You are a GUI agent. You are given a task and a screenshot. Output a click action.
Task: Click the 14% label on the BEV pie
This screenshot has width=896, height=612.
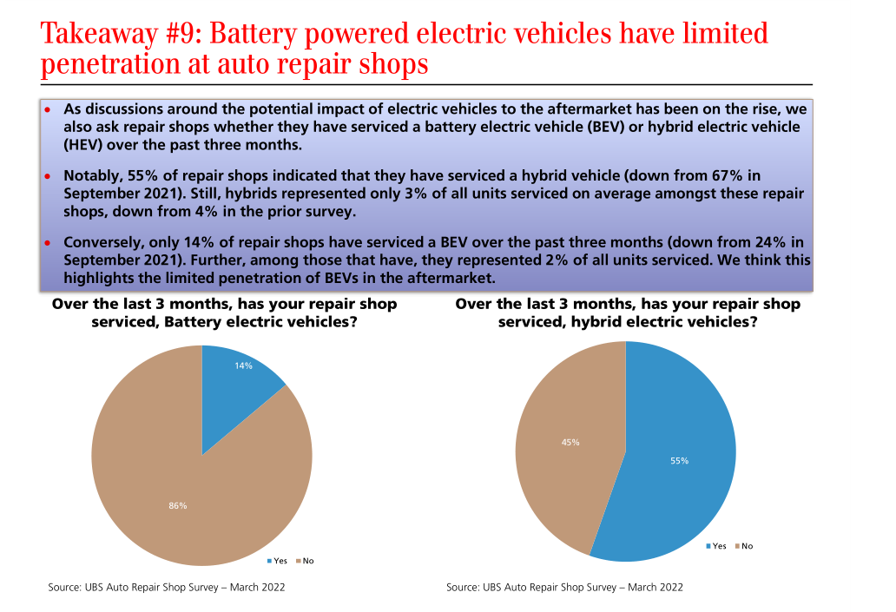pos(243,365)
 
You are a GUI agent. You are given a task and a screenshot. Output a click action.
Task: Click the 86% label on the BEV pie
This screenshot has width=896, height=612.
pos(178,505)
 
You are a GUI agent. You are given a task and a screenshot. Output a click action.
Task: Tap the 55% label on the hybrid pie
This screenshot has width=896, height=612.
pos(679,461)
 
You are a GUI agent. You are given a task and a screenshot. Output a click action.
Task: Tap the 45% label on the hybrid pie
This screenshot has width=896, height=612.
pos(570,442)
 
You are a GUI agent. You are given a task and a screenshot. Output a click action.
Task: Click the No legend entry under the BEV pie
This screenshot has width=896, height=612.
pos(304,561)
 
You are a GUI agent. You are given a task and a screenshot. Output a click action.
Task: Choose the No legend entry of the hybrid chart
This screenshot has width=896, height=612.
pos(743,546)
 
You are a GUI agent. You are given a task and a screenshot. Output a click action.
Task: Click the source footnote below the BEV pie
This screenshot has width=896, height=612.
pos(167,588)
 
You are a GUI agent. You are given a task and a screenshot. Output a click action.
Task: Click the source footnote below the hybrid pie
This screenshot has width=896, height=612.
pos(564,588)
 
